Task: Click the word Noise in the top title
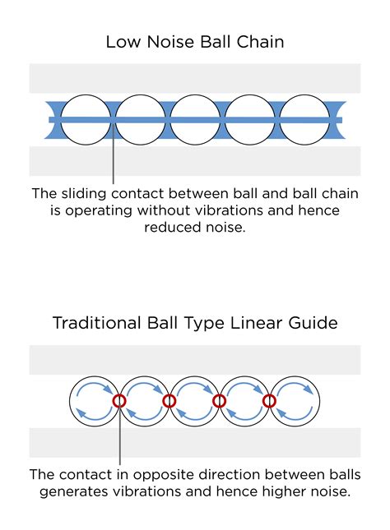pos(171,42)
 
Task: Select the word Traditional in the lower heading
pos(96,323)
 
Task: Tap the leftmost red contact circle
pos(119,394)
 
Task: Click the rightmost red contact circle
pos(270,394)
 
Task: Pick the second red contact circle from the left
pos(169,394)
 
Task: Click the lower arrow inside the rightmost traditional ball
pos(294,419)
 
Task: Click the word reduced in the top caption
pos(172,227)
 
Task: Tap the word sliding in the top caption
pos(84,194)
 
